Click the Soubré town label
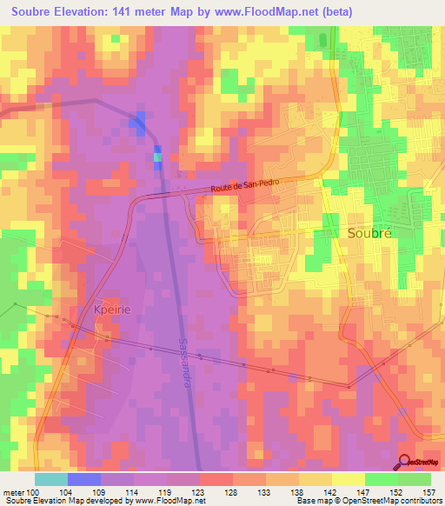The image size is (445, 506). (x=370, y=234)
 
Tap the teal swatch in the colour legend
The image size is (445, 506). (x=51, y=479)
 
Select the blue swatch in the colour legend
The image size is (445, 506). (x=84, y=479)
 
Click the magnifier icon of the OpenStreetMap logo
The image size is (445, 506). (x=405, y=462)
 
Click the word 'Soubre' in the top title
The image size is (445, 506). (x=30, y=12)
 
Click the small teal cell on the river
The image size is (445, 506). (x=157, y=157)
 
